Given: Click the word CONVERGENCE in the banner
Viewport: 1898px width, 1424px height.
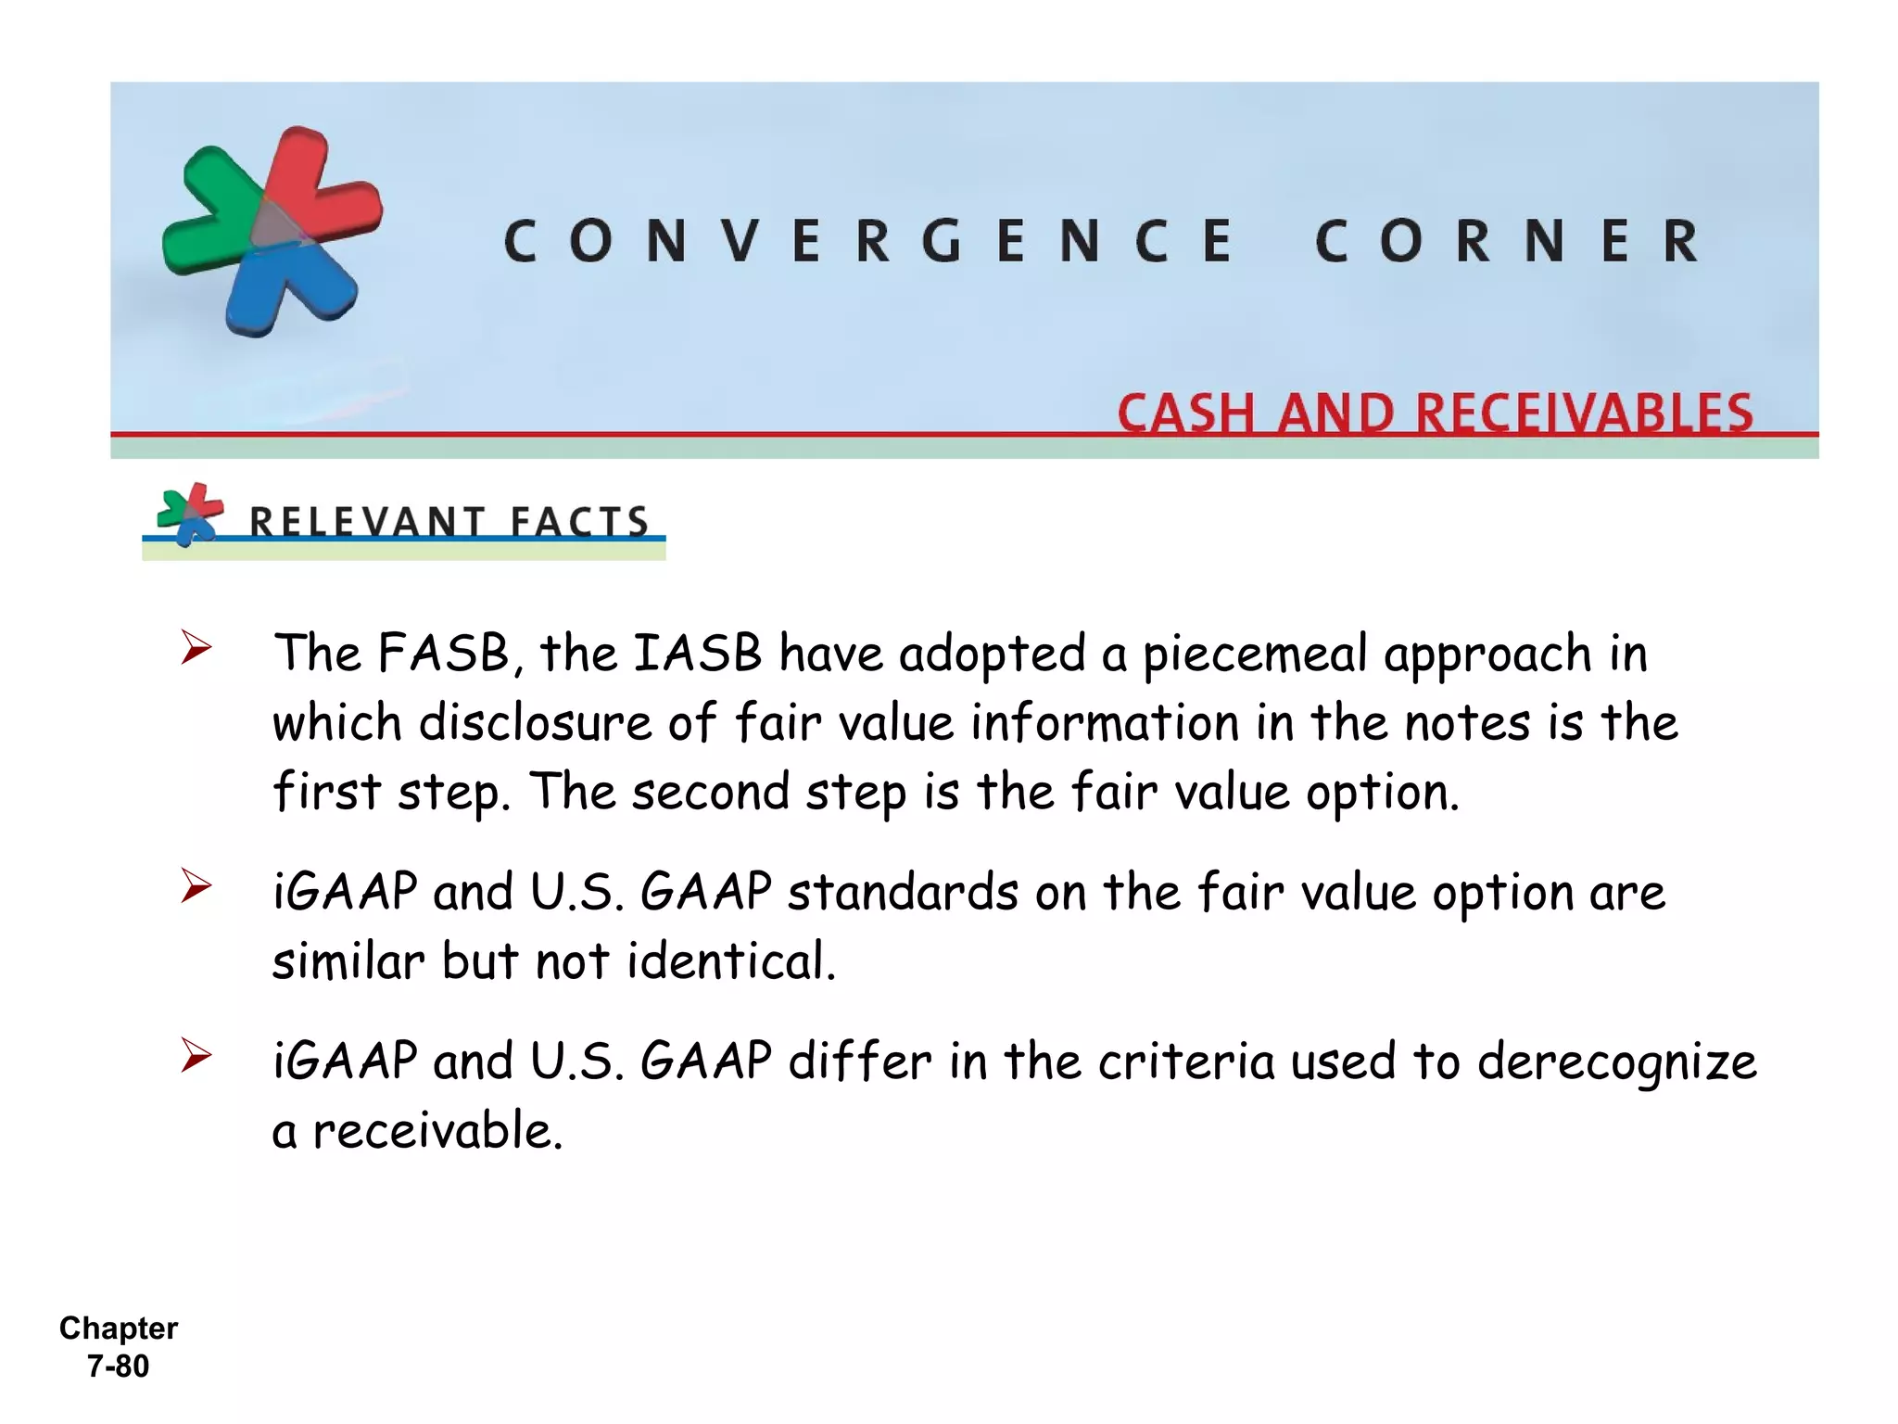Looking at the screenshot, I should [x=868, y=241].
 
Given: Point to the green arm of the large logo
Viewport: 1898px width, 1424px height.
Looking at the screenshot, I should [x=208, y=213].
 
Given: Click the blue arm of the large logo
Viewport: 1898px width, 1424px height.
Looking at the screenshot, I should [x=278, y=287].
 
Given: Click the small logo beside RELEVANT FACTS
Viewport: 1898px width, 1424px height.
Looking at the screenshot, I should [x=190, y=514].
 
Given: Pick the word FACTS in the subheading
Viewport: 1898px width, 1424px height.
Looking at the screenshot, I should [x=579, y=522].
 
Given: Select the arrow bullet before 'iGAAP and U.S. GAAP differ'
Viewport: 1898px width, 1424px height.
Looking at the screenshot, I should [x=196, y=1055].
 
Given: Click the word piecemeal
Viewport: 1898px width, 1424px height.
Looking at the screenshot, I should [x=1255, y=655].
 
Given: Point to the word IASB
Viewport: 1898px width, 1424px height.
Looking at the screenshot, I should [x=697, y=653].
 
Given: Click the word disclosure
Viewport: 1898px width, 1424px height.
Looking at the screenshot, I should [x=535, y=723].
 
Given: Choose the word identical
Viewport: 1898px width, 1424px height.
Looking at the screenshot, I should [x=731, y=961].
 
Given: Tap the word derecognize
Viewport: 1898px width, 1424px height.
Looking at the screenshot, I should [x=1616, y=1062].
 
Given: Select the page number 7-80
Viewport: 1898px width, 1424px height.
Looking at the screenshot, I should [x=118, y=1367].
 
